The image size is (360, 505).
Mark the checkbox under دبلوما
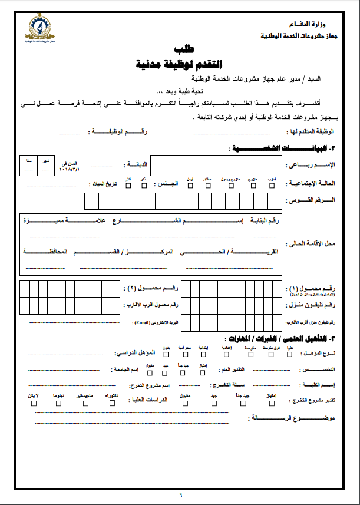tap(58, 404)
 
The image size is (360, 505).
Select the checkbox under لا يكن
tap(34, 404)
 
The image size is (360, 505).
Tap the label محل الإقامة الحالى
tap(319, 243)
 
